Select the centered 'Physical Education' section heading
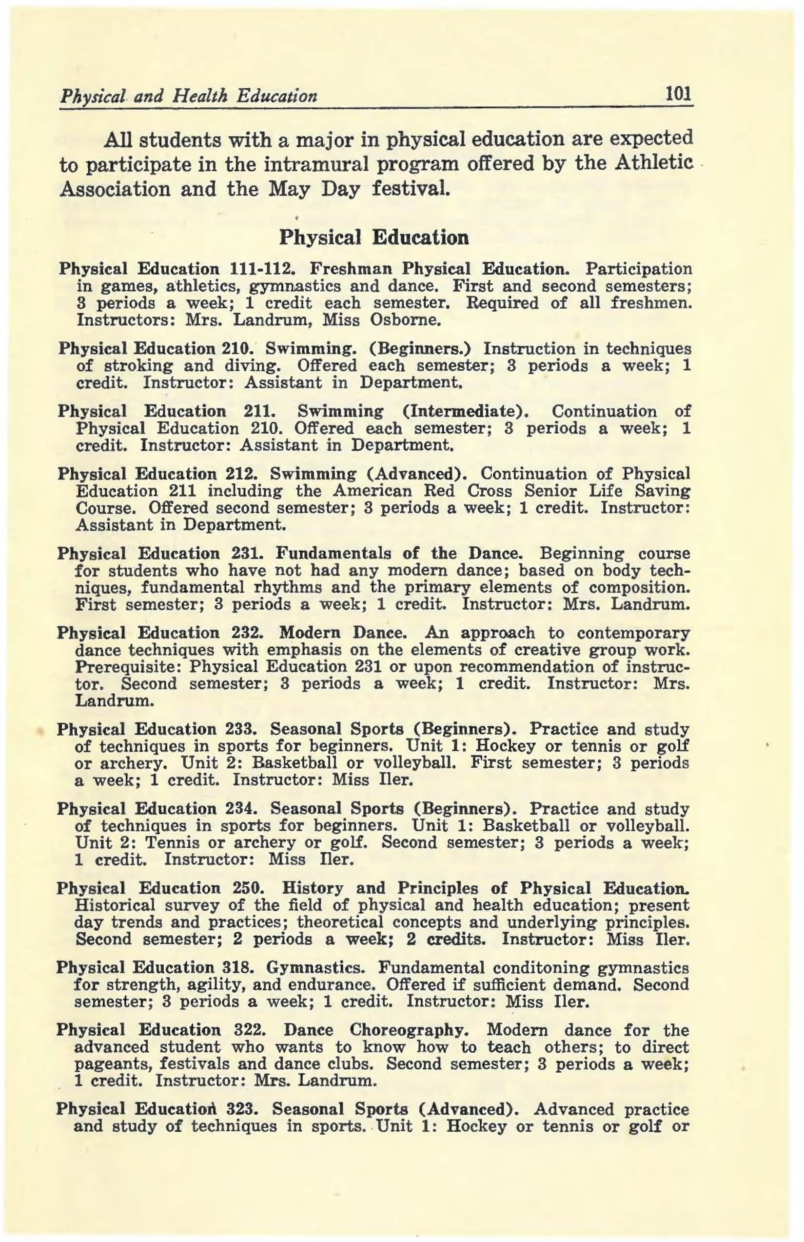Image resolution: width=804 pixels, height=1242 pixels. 374,238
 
